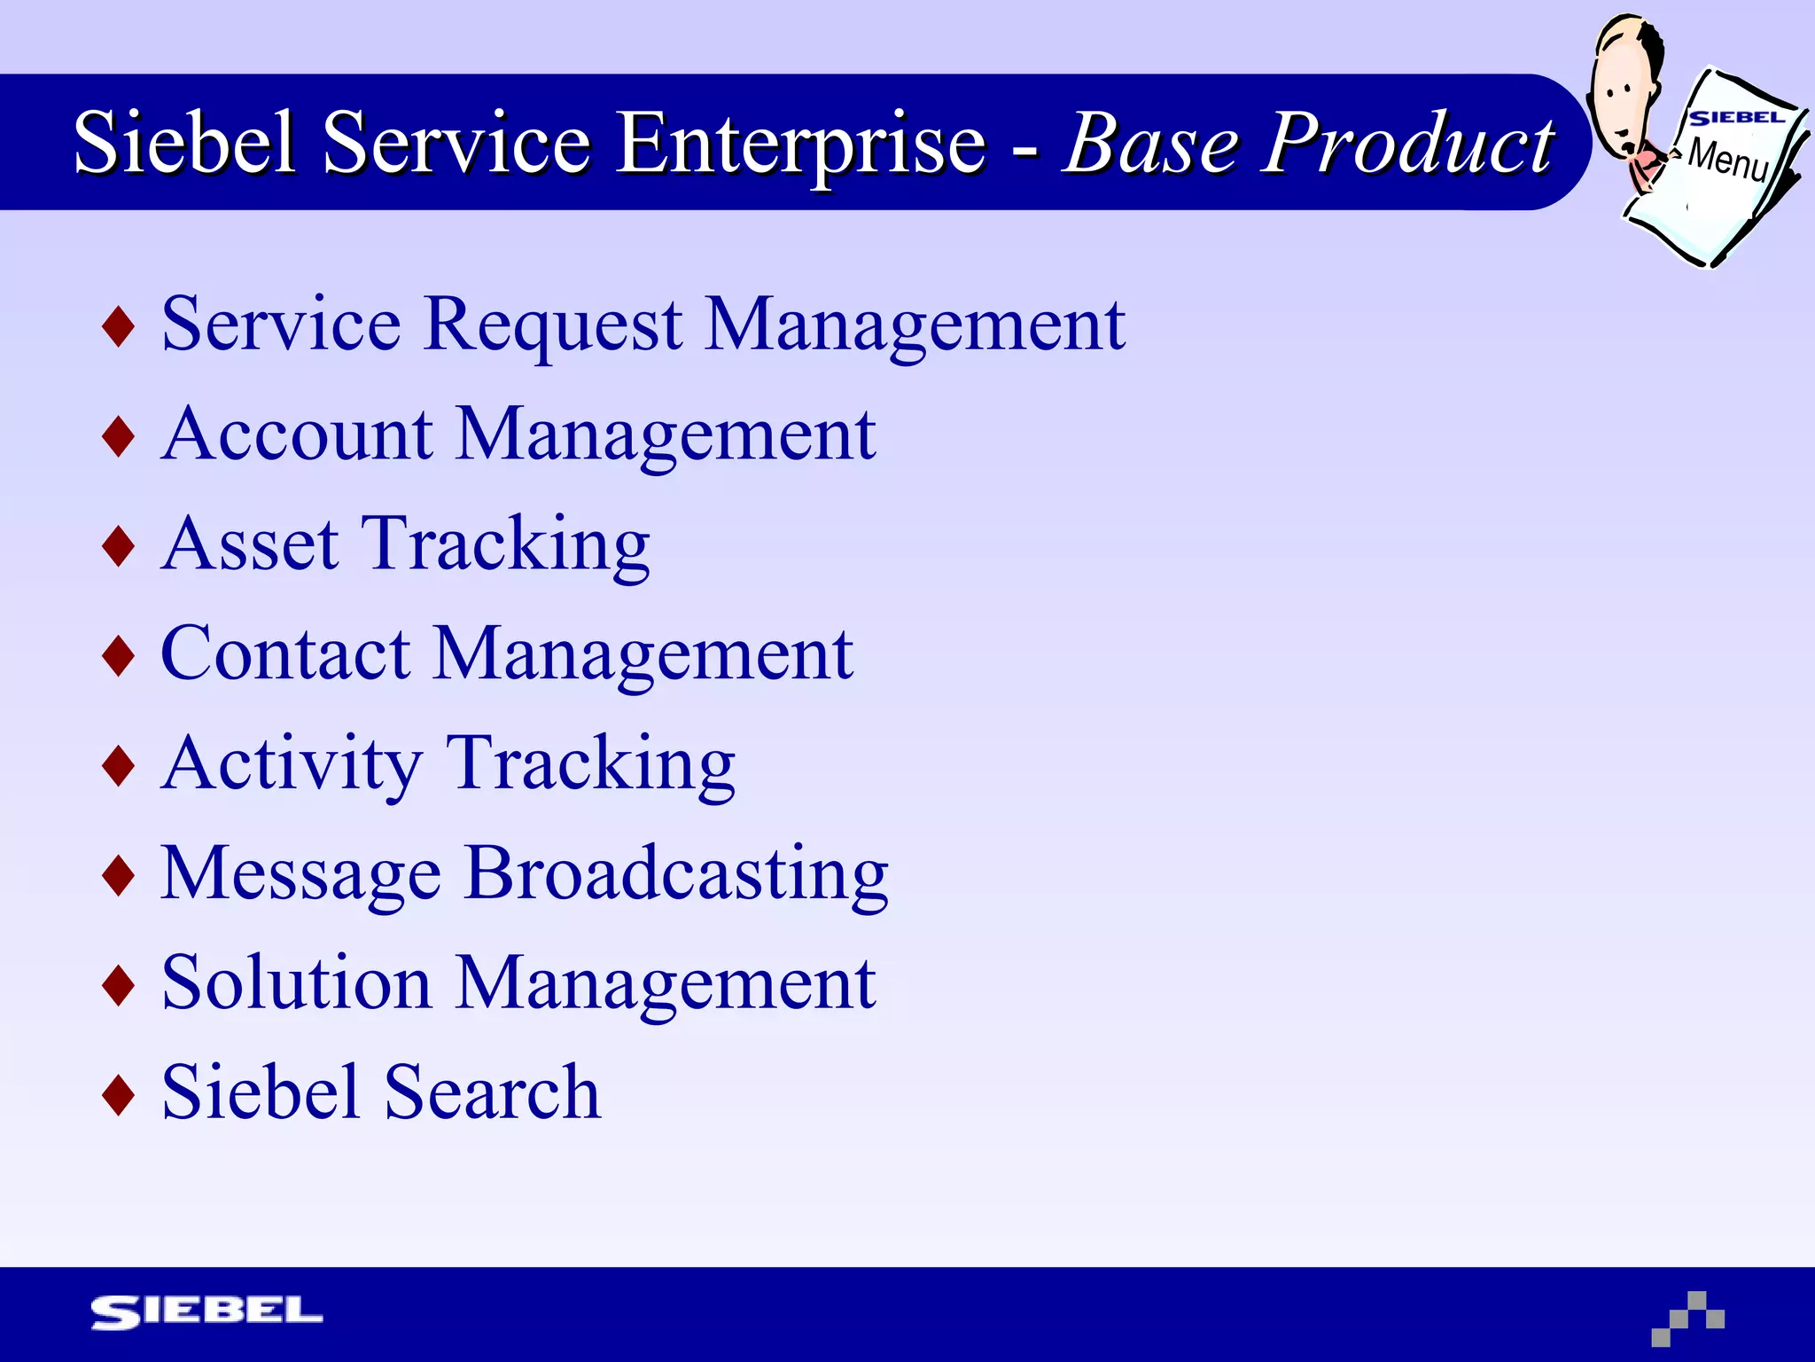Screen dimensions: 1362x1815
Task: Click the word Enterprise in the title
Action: (x=800, y=145)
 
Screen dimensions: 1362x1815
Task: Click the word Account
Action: (x=297, y=434)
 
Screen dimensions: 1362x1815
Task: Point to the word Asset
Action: (x=251, y=544)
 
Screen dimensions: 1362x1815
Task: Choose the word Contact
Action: (x=285, y=654)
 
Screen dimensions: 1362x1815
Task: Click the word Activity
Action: (x=293, y=764)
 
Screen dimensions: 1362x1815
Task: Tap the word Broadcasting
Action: (x=676, y=874)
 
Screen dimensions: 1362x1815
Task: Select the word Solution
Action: (x=297, y=984)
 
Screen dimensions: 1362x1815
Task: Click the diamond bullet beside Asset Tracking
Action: (x=119, y=546)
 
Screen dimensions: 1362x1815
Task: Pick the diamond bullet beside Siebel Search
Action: (x=119, y=1094)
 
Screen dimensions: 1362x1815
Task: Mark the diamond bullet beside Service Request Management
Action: (x=119, y=326)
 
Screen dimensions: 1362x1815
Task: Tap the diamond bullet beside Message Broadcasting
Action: (x=119, y=875)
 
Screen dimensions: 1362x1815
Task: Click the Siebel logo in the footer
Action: (x=206, y=1312)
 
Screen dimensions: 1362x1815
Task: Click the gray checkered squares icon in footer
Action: (x=1688, y=1319)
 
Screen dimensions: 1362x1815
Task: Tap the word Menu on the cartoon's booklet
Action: (x=1728, y=160)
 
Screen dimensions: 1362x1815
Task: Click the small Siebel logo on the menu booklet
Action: (x=1735, y=118)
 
